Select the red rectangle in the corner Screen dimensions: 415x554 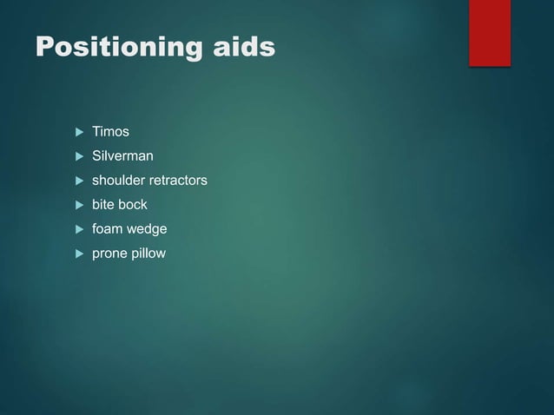490,32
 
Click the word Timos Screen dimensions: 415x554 110,132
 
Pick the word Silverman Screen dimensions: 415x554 122,156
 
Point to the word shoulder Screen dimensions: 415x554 120,181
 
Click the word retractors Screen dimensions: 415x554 179,181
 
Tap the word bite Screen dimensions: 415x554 104,205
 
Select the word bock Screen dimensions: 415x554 134,205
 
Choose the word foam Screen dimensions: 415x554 109,229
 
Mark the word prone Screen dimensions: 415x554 110,254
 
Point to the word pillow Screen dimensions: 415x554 148,254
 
